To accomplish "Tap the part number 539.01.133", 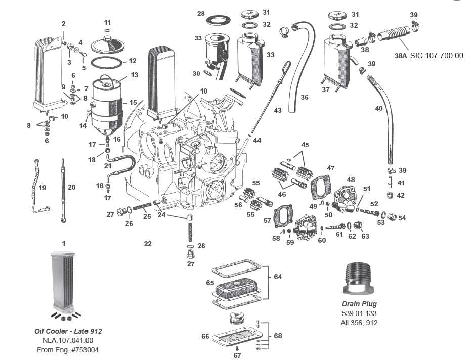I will click(x=359, y=313).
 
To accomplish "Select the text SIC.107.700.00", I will click(x=437, y=56).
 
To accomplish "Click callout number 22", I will click(x=147, y=244).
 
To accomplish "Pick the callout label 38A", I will click(x=401, y=56).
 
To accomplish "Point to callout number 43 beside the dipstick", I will click(x=278, y=110).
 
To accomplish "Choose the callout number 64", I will click(x=278, y=277).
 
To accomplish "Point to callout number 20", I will click(x=71, y=187).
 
